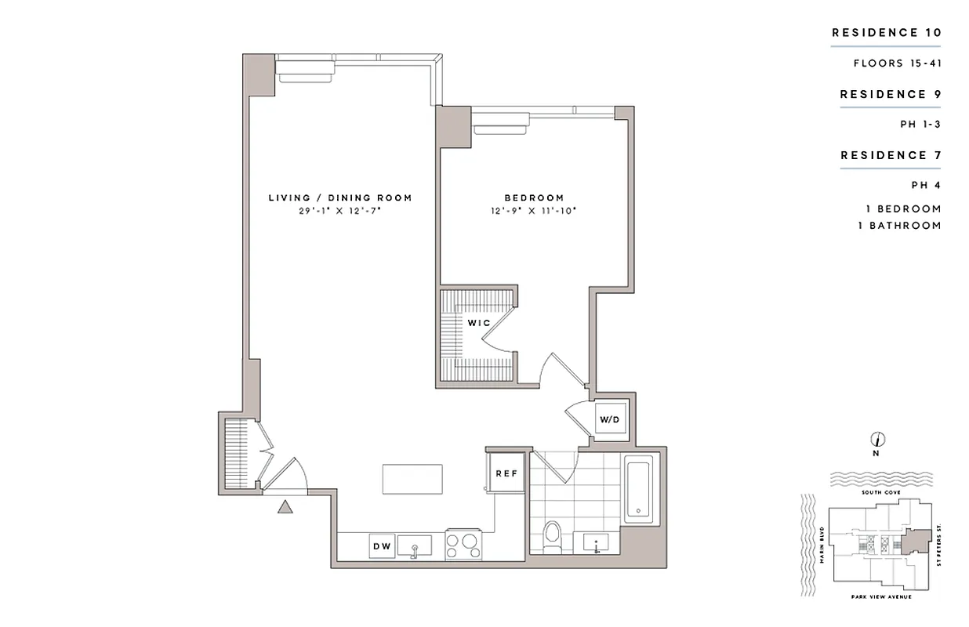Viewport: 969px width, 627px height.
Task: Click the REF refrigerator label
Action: tap(503, 473)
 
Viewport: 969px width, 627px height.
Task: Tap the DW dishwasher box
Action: tap(382, 546)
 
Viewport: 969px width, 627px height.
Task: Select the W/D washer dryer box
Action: tap(610, 420)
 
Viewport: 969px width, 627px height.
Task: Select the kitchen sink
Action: tap(416, 545)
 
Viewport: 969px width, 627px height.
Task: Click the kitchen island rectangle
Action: tap(412, 479)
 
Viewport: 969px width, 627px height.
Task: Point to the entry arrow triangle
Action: tap(285, 507)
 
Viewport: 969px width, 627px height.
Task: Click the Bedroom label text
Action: tap(534, 198)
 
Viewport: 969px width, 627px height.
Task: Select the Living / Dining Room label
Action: tap(340, 198)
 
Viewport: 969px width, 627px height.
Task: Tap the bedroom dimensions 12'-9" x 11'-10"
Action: tap(534, 211)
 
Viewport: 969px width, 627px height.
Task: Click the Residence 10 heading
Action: tap(886, 33)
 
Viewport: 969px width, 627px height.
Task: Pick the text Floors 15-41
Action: tap(897, 63)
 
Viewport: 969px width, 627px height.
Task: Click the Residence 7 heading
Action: tap(891, 155)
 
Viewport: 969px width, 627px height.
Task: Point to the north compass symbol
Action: tap(878, 440)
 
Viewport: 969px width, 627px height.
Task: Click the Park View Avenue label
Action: tap(878, 597)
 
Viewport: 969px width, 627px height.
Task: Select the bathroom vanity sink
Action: tap(596, 542)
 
